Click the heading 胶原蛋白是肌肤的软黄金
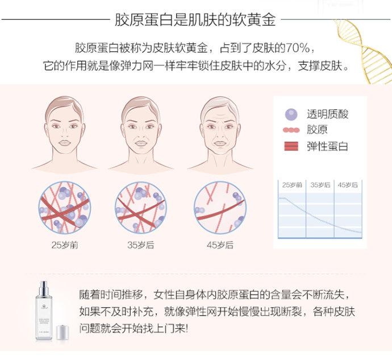(195, 19)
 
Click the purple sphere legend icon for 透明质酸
(291, 114)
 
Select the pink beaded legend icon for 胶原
(291, 130)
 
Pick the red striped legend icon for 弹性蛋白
(291, 146)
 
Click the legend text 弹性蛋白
(327, 146)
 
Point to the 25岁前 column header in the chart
(292, 185)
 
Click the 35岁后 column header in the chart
(320, 185)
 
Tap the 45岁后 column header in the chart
(348, 185)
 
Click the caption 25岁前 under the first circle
(65, 245)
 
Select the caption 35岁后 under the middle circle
(140, 245)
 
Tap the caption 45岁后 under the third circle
(220, 245)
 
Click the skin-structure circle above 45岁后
(220, 208)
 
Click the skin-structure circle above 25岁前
(65, 208)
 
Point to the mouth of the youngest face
(65, 143)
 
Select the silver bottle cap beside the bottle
(62, 333)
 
